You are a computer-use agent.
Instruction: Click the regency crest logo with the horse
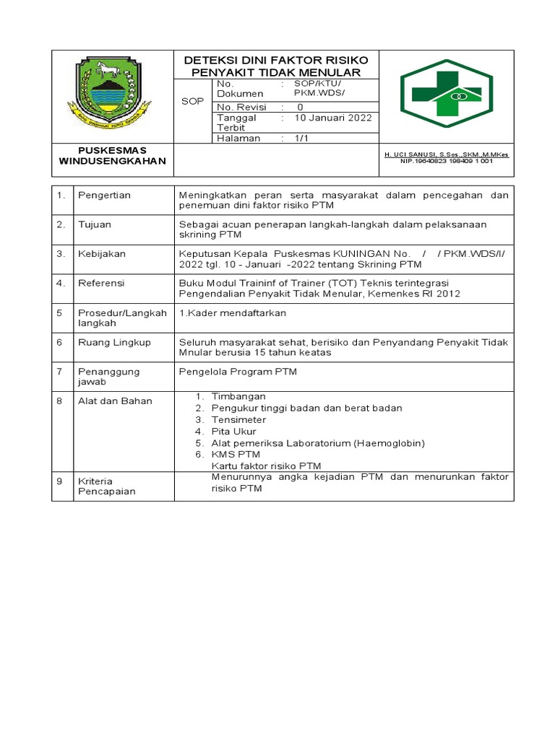pyautogui.click(x=113, y=90)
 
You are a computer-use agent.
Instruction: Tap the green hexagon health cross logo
pyautogui.click(x=447, y=93)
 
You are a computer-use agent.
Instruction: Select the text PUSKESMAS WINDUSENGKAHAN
pyautogui.click(x=113, y=155)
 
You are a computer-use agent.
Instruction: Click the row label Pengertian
pyautogui.click(x=105, y=196)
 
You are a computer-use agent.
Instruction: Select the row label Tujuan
pyautogui.click(x=95, y=224)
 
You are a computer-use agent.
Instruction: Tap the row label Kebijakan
pyautogui.click(x=102, y=254)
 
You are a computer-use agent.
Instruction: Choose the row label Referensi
pyautogui.click(x=101, y=284)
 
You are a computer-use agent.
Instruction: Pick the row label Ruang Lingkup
pyautogui.click(x=114, y=342)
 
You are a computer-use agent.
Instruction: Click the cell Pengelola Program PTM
pyautogui.click(x=238, y=372)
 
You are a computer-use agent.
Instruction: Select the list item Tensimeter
pyautogui.click(x=238, y=419)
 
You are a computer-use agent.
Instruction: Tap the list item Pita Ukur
pyautogui.click(x=233, y=431)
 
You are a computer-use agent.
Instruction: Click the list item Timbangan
pyautogui.click(x=238, y=396)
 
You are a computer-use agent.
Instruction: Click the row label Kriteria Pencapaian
pyautogui.click(x=106, y=486)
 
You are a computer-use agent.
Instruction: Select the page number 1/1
pyautogui.click(x=301, y=138)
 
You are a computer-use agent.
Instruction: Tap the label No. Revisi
pyautogui.click(x=241, y=107)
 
